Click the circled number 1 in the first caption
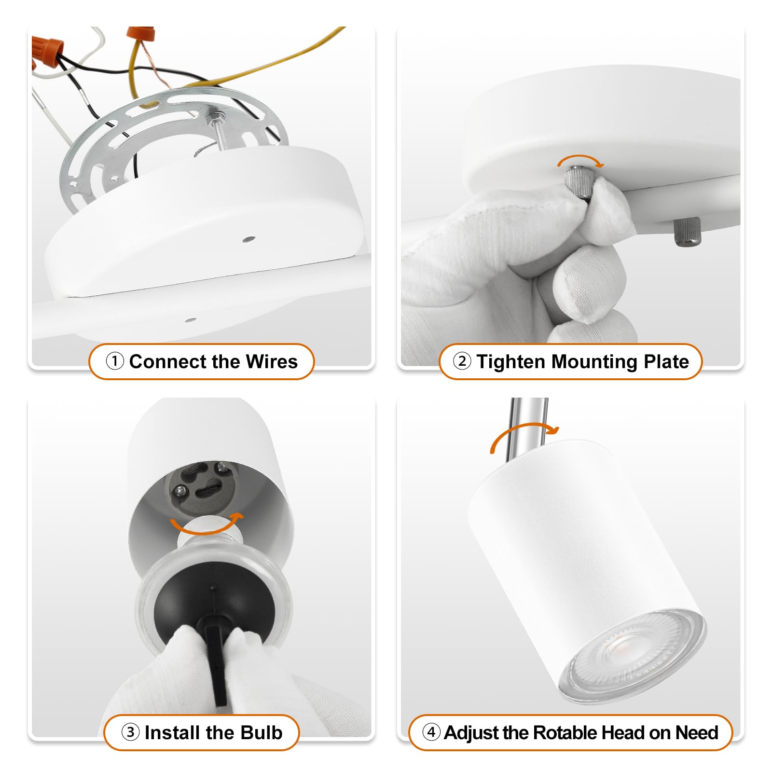click(115, 361)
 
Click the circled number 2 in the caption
click(462, 361)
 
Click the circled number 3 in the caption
click(130, 732)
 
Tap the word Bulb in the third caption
click(261, 732)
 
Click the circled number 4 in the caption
click(431, 732)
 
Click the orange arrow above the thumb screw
click(580, 160)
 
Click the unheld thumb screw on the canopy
click(687, 231)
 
